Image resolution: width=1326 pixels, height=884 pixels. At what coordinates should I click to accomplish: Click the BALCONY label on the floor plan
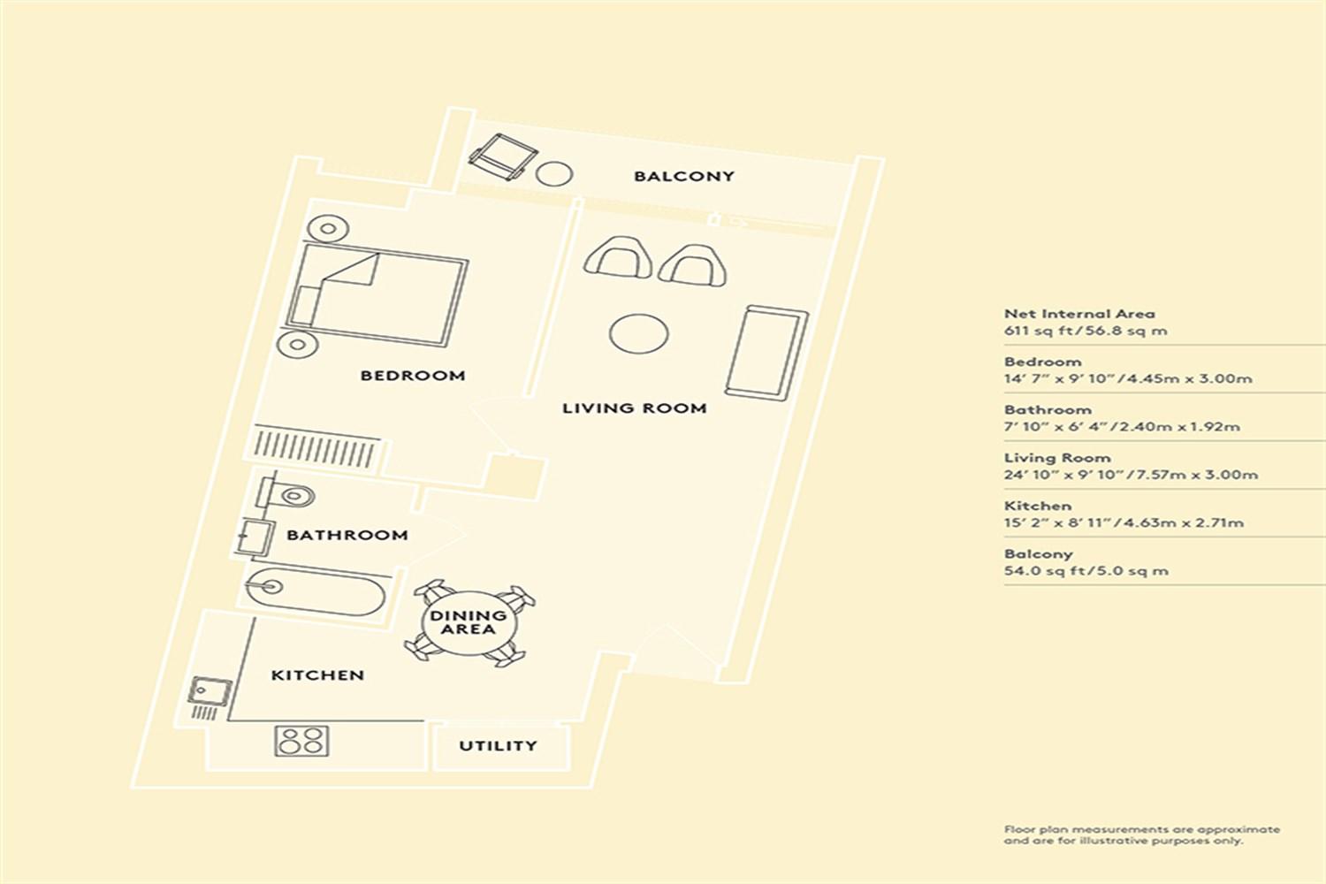point(683,177)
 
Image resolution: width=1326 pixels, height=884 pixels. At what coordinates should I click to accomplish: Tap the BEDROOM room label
point(413,376)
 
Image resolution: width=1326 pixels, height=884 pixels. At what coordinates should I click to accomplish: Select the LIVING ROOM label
point(634,408)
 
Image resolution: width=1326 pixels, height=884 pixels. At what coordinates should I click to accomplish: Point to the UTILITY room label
point(498,745)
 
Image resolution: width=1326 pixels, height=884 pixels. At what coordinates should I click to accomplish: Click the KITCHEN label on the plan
point(317,675)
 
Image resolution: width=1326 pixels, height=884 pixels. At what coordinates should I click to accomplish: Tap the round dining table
point(469,623)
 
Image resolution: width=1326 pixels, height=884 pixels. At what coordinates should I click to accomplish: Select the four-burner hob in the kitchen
point(301,741)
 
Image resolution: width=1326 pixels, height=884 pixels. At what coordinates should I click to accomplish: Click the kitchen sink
point(210,691)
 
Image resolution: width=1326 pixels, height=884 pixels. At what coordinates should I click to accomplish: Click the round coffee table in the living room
point(639,334)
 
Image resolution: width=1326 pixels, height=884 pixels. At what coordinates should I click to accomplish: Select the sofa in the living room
point(766,353)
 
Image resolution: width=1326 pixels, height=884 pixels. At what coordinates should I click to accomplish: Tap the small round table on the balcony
point(554,174)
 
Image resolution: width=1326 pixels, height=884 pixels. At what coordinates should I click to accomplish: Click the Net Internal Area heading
point(1079,314)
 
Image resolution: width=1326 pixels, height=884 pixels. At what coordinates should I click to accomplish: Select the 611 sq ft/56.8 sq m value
point(1086,331)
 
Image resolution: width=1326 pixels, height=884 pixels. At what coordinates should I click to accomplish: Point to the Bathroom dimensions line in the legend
point(1122,426)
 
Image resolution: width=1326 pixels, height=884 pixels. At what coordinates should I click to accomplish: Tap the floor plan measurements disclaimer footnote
point(1142,834)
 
